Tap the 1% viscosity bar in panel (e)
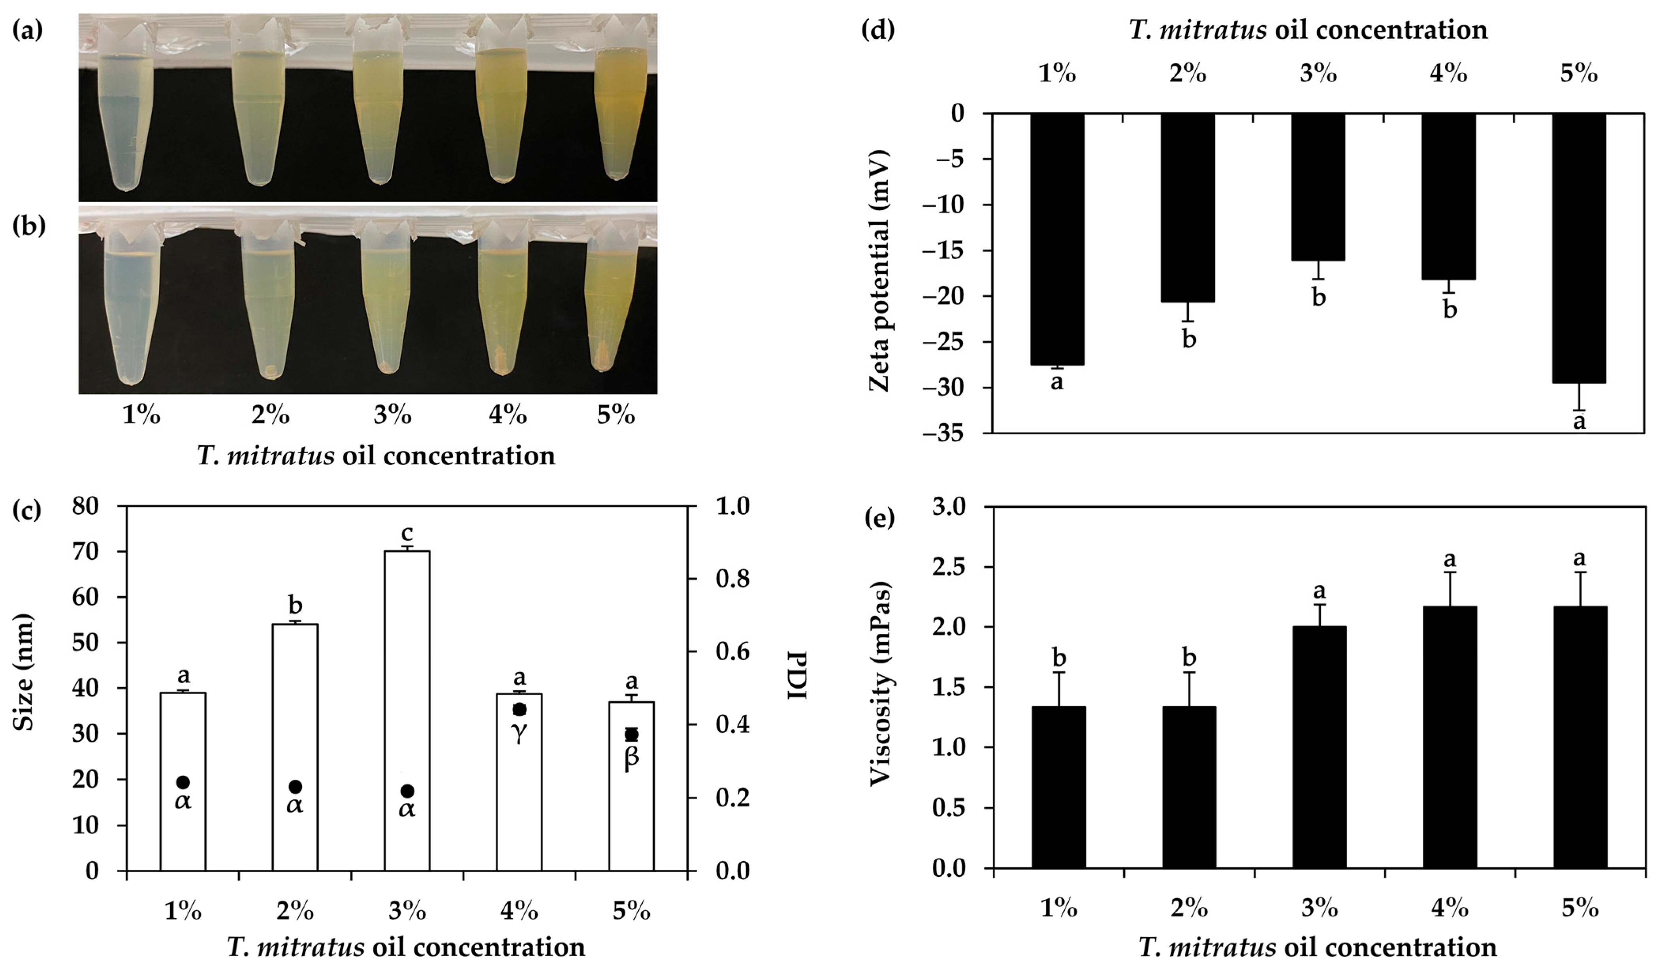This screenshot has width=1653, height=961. (x=1058, y=787)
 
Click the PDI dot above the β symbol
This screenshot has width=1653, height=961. (x=631, y=734)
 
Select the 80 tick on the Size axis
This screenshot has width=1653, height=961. (x=85, y=506)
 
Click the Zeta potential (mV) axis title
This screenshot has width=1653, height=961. (x=879, y=271)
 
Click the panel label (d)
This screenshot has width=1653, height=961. (x=878, y=30)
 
